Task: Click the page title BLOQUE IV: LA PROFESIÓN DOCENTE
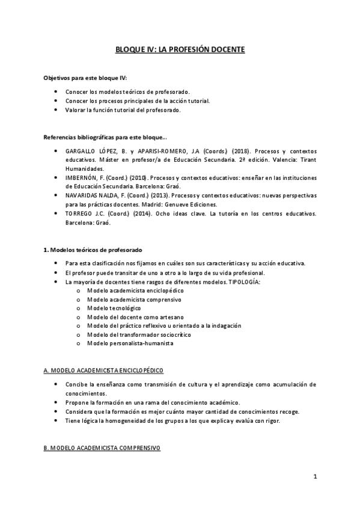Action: [x=180, y=51]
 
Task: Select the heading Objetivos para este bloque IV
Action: [x=85, y=78]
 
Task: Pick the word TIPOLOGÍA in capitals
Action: [x=245, y=282]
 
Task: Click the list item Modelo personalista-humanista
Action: [x=130, y=343]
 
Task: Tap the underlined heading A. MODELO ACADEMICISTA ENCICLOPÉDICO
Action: [x=104, y=370]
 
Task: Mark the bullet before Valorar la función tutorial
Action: [x=56, y=110]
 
